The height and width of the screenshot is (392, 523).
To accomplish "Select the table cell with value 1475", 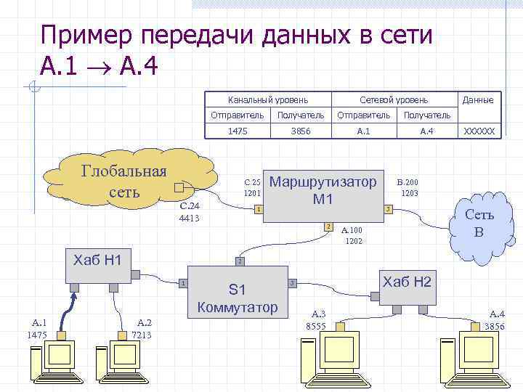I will click(238, 131).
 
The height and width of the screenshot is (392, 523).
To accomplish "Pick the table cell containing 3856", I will click(300, 131).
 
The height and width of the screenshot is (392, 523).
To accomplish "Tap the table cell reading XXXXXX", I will click(479, 131).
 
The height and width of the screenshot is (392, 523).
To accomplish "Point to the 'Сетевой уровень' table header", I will click(394, 99).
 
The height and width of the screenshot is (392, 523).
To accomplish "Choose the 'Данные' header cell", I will click(479, 99).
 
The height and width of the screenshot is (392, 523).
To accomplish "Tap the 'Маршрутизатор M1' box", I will click(323, 189).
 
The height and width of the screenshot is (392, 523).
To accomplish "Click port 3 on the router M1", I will click(389, 210).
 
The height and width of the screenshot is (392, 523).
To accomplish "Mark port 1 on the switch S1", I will click(184, 282).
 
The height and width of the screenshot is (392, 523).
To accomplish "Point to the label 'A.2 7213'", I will click(143, 329).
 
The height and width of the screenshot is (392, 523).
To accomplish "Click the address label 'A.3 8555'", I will click(318, 320).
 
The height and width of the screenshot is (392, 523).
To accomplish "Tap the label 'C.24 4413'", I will click(189, 212).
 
